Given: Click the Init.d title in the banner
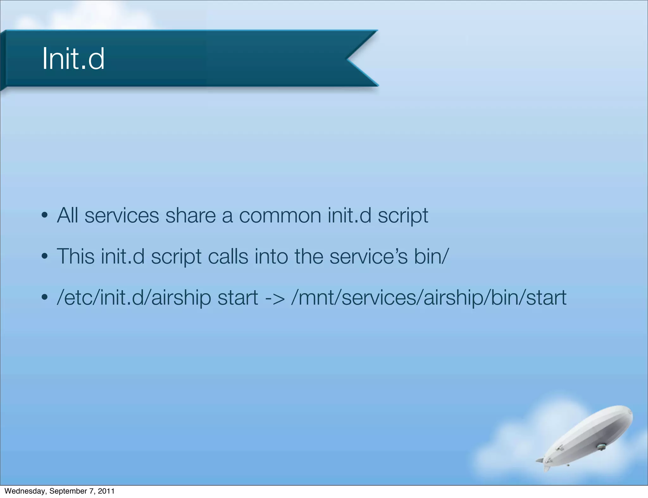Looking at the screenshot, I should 73,59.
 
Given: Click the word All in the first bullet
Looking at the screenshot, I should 67,216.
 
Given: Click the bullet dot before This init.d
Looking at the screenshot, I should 45,257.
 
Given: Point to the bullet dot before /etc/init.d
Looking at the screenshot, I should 45,298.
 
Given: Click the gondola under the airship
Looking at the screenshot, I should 601,446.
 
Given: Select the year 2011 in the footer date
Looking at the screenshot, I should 106,491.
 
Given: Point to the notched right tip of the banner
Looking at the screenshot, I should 348,58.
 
